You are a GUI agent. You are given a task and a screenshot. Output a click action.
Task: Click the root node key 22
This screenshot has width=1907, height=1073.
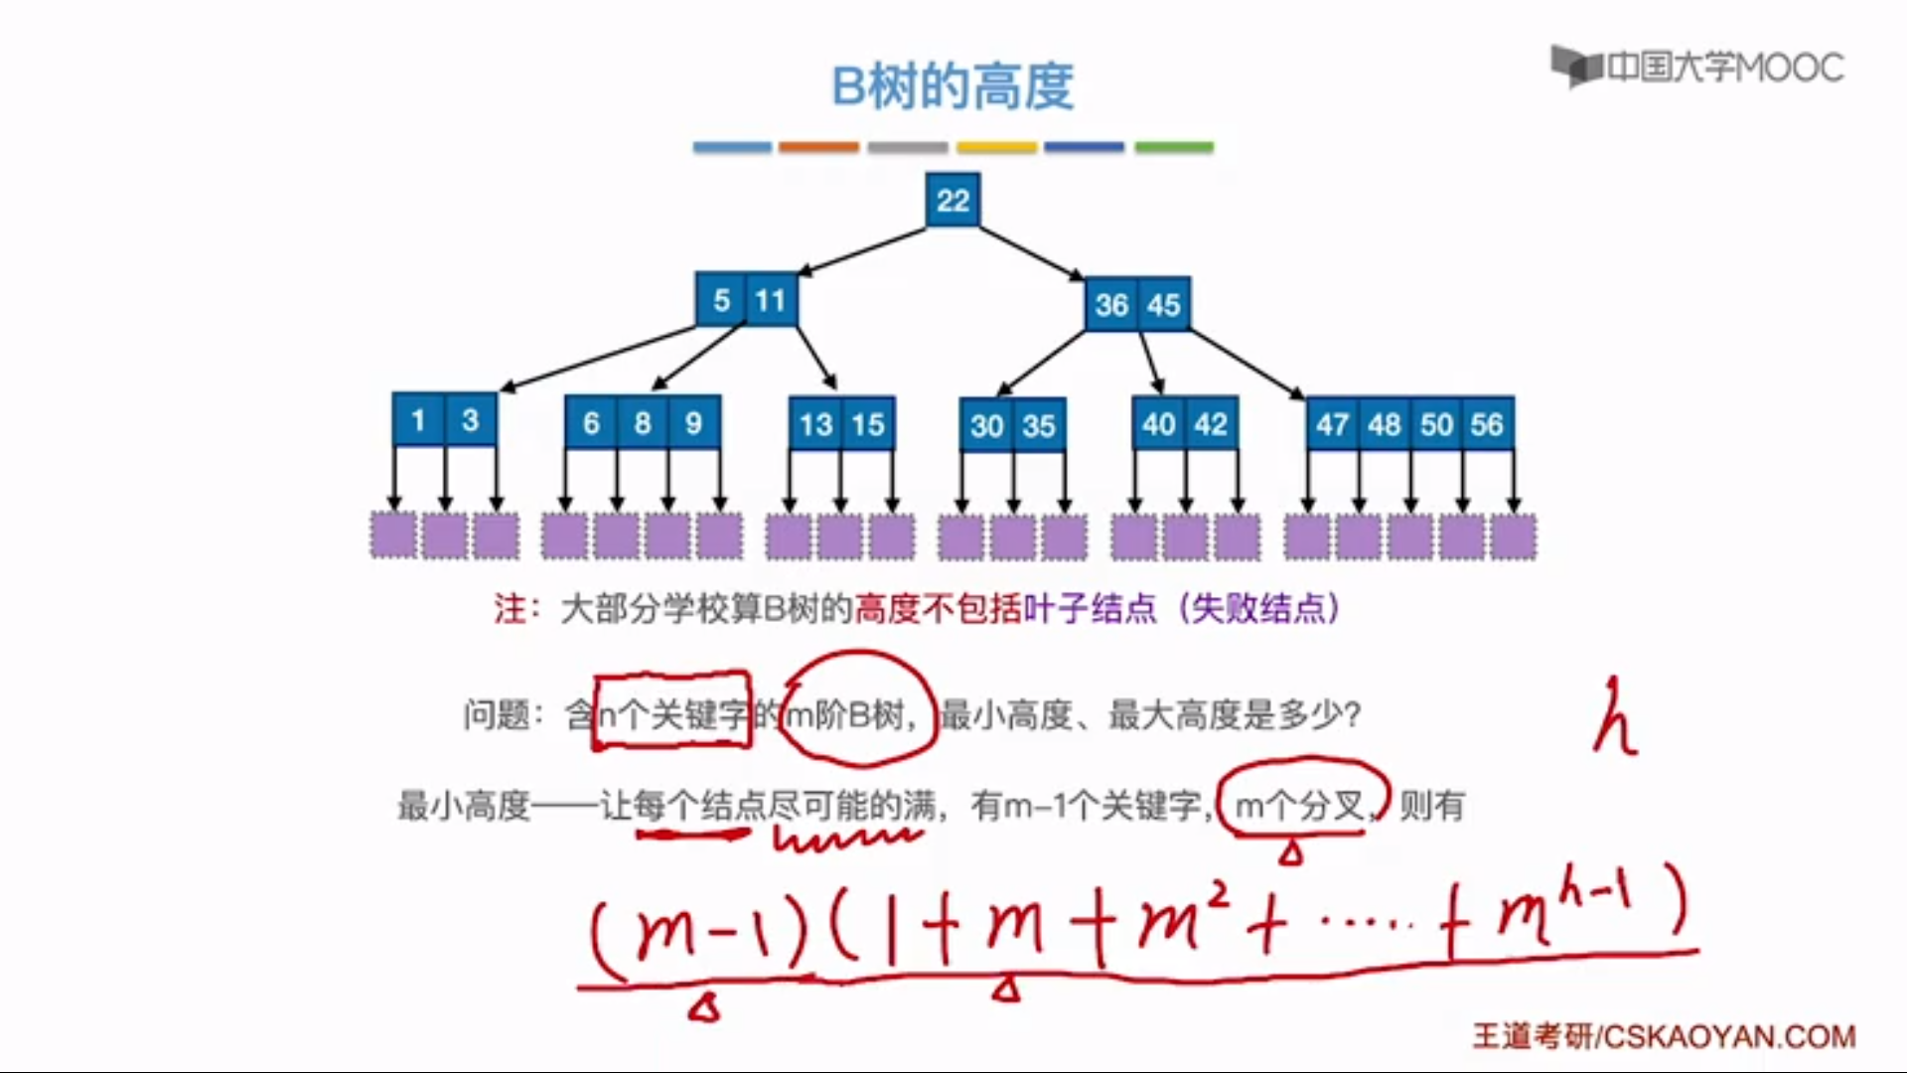pyautogui.click(x=953, y=201)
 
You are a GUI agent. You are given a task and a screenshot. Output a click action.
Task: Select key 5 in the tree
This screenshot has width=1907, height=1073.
pyautogui.click(x=721, y=300)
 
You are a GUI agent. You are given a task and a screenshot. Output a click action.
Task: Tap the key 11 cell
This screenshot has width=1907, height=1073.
pyautogui.click(x=771, y=300)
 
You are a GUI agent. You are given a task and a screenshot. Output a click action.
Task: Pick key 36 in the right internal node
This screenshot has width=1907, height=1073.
pyautogui.click(x=1111, y=305)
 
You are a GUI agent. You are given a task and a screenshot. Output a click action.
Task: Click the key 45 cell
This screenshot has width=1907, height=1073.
pyautogui.click(x=1163, y=305)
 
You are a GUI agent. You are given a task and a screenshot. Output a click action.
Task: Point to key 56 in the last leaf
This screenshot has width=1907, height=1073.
pyautogui.click(x=1487, y=425)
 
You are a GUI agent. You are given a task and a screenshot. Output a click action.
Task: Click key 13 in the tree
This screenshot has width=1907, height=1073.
pyautogui.click(x=815, y=425)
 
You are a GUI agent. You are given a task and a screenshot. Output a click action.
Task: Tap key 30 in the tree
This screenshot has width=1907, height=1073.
pyautogui.click(x=986, y=426)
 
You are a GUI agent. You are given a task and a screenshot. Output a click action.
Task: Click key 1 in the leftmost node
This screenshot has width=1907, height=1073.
pyautogui.click(x=418, y=420)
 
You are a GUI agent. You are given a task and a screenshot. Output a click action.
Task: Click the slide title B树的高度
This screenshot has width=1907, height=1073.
pyautogui.click(x=953, y=86)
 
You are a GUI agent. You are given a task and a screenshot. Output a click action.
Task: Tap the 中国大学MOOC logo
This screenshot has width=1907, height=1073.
pyautogui.click(x=1697, y=68)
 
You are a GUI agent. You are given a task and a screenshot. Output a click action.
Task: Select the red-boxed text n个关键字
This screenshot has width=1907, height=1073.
pyautogui.click(x=671, y=713)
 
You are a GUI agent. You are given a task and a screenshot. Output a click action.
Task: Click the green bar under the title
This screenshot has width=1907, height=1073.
pyautogui.click(x=1174, y=147)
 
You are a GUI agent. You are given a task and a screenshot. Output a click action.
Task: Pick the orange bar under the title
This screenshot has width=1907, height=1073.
pyautogui.click(x=818, y=147)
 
